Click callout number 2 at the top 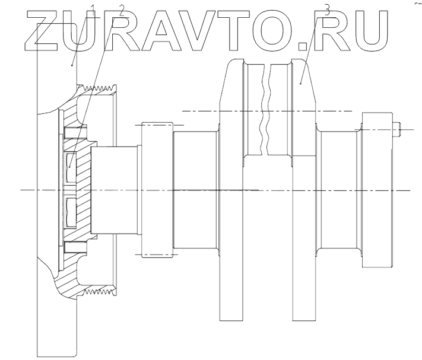pos(121,10)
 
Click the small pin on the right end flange pos(398,127)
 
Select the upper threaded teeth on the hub pos(100,91)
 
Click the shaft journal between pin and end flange pos(339,190)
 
